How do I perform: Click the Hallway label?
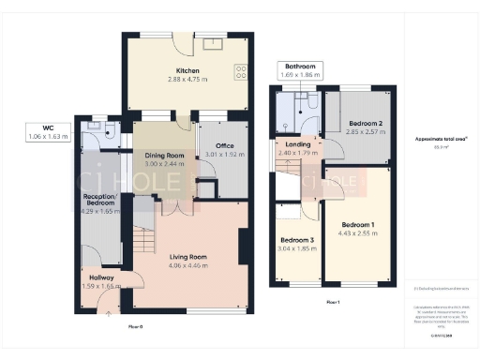tap(99, 277)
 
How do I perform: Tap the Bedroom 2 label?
tap(366, 124)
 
